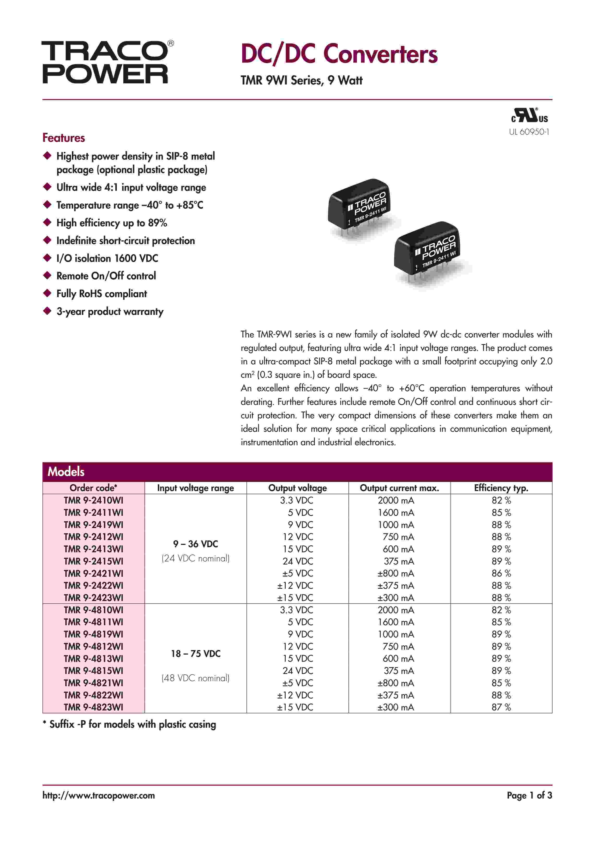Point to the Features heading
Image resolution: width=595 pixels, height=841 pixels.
[x=64, y=138]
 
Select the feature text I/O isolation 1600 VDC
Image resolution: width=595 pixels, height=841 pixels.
[x=107, y=258]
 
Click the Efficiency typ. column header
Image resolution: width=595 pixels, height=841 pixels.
[x=501, y=488]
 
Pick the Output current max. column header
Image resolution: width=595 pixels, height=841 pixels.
[x=399, y=488]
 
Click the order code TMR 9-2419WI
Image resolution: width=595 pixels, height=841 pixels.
[x=93, y=524]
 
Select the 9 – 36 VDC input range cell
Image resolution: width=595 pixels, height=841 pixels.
[x=196, y=544]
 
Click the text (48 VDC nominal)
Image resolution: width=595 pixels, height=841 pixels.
[x=196, y=678]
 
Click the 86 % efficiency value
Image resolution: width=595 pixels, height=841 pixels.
[x=501, y=573]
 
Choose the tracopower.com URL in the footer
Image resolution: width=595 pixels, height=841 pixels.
[x=99, y=795]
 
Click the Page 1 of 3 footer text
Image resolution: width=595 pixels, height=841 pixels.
[x=529, y=795]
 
